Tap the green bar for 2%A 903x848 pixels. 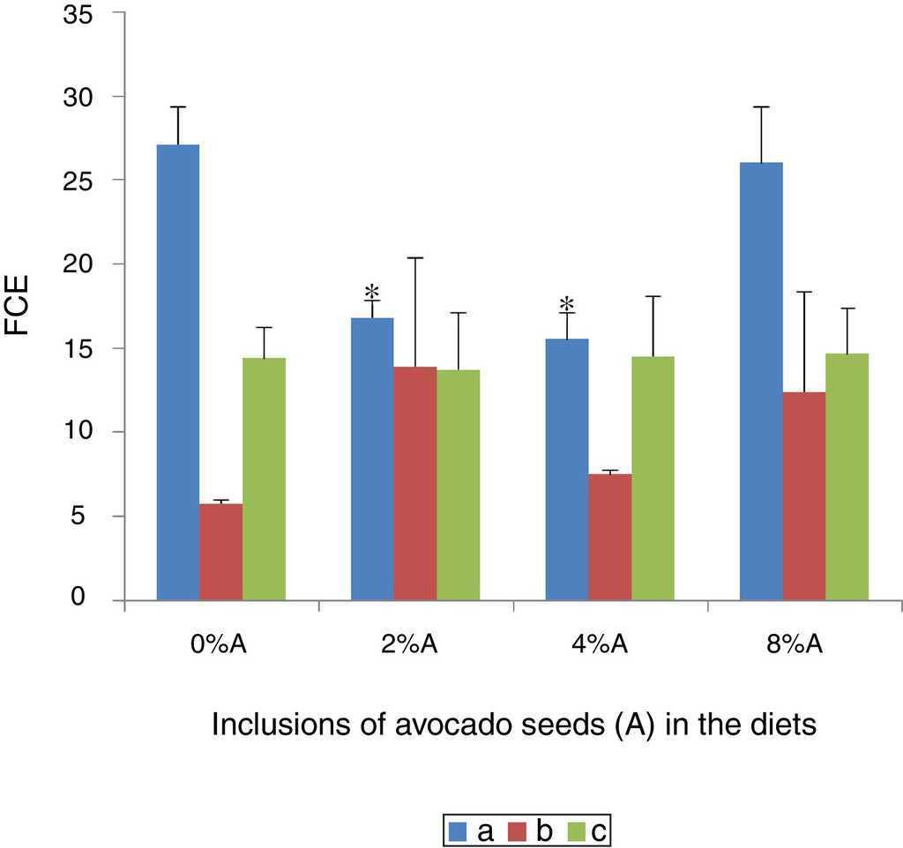click(x=459, y=485)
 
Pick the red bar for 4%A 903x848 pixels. click(x=609, y=537)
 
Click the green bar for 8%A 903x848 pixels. click(x=847, y=477)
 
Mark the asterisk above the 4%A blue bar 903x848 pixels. click(x=566, y=305)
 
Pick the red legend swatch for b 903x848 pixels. click(x=517, y=830)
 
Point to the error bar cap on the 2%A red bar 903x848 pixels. click(x=414, y=257)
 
